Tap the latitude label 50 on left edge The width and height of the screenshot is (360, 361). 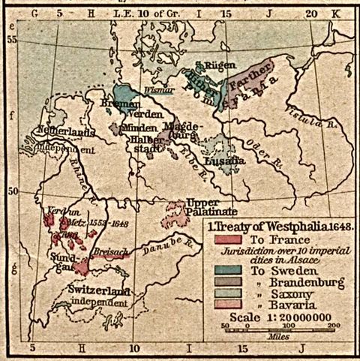pos(11,190)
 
